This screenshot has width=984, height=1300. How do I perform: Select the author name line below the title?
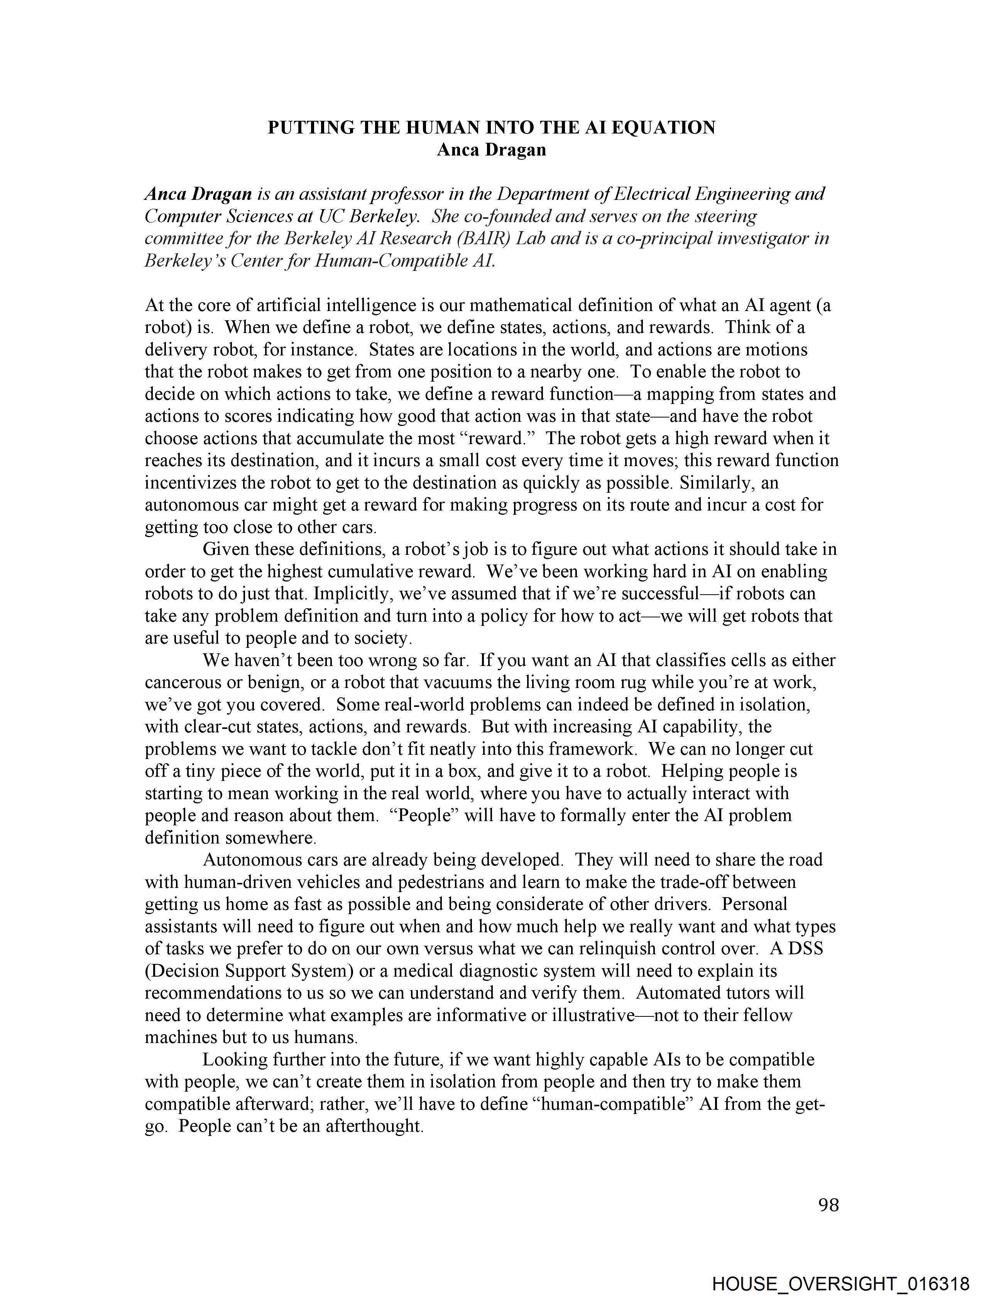tap(491, 150)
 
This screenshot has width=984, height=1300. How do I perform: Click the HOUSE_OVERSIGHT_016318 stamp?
tap(840, 1283)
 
